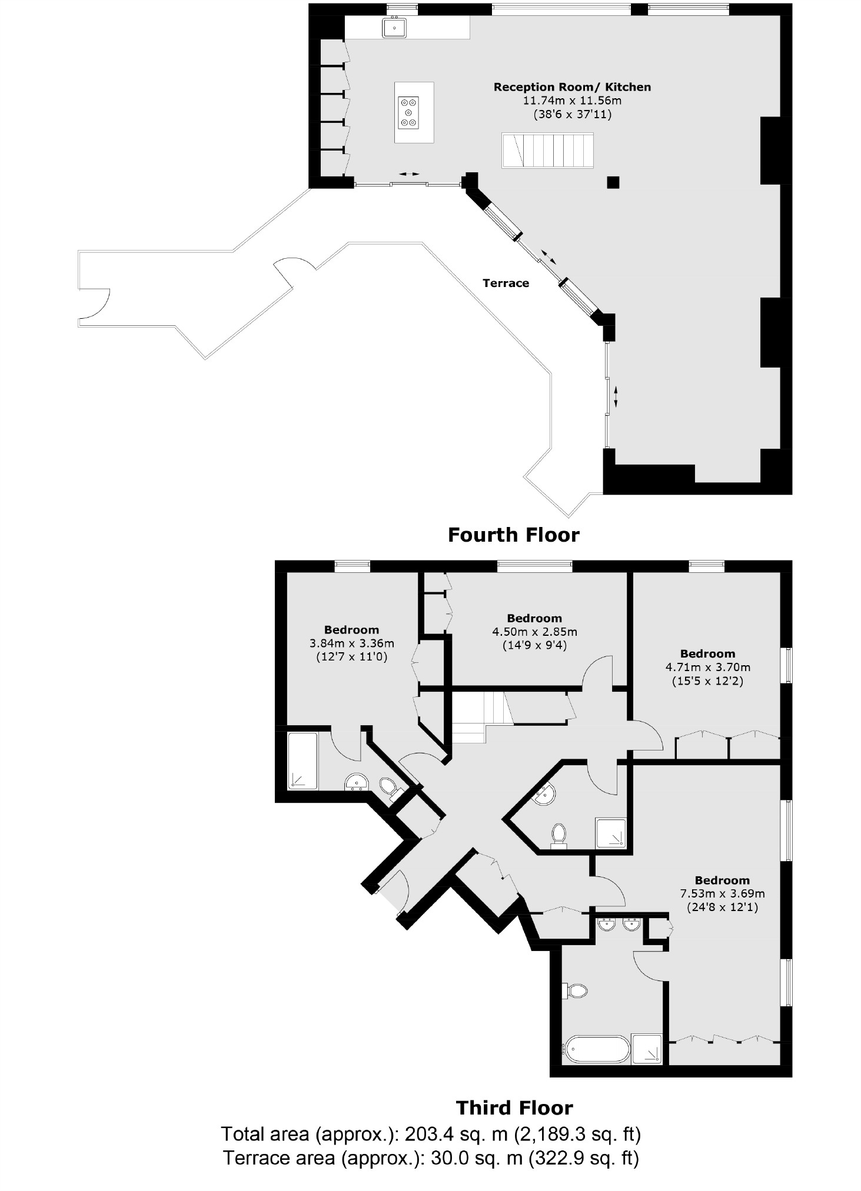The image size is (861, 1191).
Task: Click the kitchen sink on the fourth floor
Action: click(394, 28)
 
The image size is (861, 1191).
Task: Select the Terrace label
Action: click(506, 283)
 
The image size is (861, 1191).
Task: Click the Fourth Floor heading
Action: click(513, 535)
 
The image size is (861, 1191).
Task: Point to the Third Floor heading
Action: click(514, 1108)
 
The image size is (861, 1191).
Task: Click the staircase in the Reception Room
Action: click(547, 151)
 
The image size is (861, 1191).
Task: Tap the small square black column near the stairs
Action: click(613, 182)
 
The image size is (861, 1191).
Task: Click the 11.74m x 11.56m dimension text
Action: click(572, 101)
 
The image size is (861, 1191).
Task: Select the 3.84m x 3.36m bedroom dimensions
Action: click(351, 643)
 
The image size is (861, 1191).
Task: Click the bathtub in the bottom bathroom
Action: click(597, 1049)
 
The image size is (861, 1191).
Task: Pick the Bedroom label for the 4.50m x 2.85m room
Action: click(534, 618)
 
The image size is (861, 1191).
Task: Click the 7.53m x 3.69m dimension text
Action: click(722, 893)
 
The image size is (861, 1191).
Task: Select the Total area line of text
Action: click(430, 1133)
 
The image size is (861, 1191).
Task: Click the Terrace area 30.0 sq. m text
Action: click(430, 1158)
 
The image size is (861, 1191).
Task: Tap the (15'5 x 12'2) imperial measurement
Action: click(707, 681)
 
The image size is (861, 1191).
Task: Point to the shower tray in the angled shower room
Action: click(610, 833)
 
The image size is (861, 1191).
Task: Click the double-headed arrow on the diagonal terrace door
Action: click(547, 256)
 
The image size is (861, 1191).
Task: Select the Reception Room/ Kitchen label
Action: click(572, 87)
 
